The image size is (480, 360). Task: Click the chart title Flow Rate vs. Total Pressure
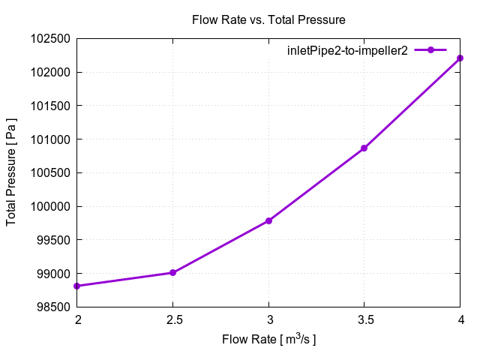pyautogui.click(x=268, y=19)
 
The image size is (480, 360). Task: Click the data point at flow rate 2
pyautogui.click(x=77, y=286)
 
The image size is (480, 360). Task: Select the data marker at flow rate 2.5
pyautogui.click(x=173, y=272)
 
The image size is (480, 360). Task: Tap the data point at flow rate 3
pyautogui.click(x=268, y=220)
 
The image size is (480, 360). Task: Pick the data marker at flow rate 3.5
pyautogui.click(x=364, y=148)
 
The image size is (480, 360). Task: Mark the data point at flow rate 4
pyautogui.click(x=460, y=58)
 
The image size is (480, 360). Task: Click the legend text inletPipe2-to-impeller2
pyautogui.click(x=347, y=51)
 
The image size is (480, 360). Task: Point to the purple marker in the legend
pyautogui.click(x=431, y=50)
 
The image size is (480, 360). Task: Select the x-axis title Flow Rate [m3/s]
pyautogui.click(x=268, y=340)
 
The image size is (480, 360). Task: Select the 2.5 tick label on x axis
pyautogui.click(x=173, y=320)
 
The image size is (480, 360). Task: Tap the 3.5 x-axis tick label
pyautogui.click(x=364, y=320)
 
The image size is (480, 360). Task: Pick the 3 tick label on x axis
pyautogui.click(x=268, y=320)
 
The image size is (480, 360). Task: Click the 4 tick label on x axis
pyautogui.click(x=460, y=320)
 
